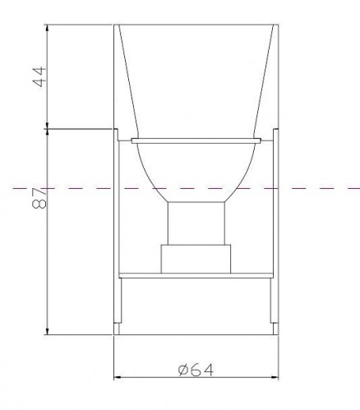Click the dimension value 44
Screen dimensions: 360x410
point(40,76)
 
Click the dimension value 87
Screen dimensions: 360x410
point(39,198)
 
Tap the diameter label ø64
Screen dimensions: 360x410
point(196,371)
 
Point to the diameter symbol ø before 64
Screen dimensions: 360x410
point(183,371)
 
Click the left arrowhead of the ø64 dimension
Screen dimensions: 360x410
point(118,377)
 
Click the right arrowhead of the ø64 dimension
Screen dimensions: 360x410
point(275,377)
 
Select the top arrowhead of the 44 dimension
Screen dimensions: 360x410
point(48,28)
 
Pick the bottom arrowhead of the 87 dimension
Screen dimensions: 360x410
point(48,331)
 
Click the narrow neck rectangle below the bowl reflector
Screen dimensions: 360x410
point(196,223)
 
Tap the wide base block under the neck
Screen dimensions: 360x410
point(196,259)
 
